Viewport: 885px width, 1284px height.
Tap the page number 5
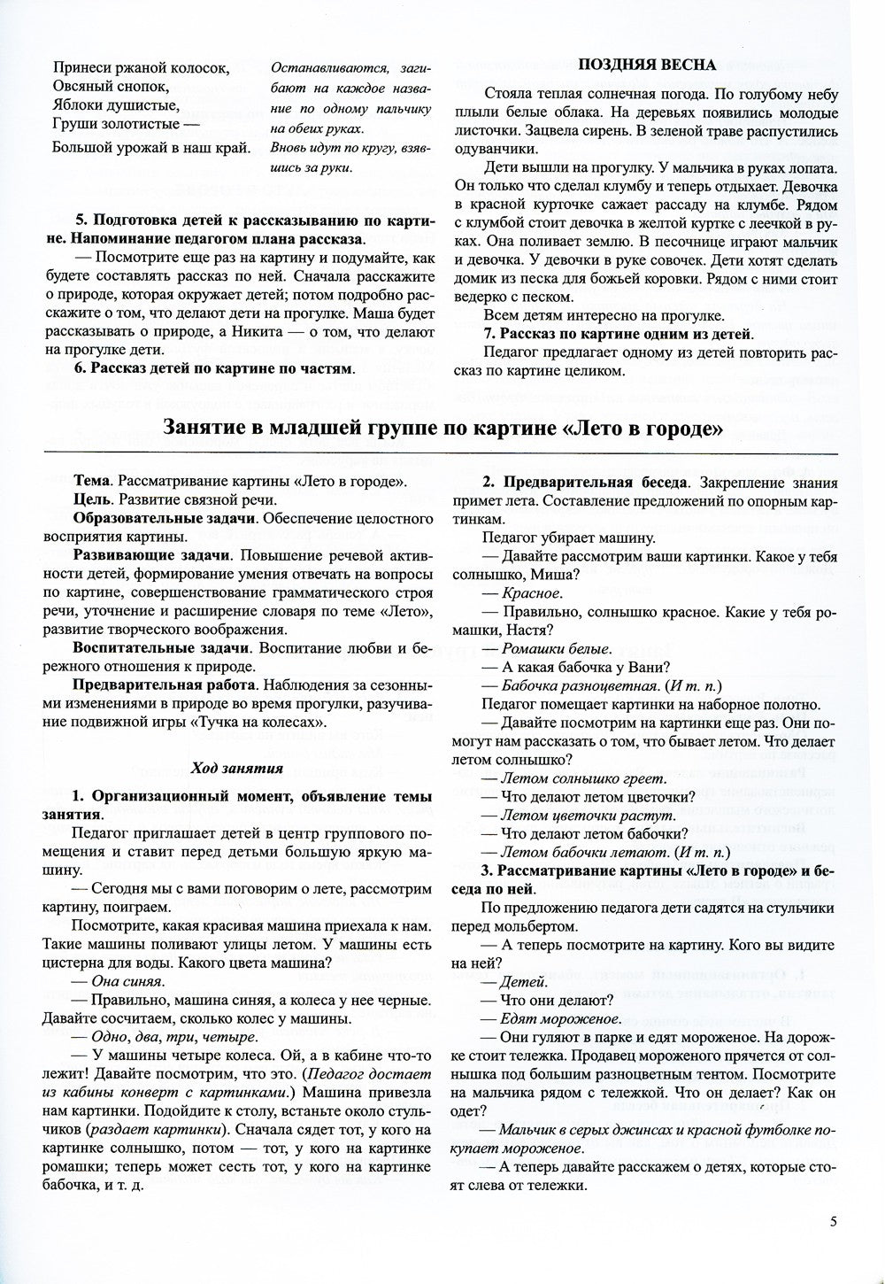[833, 1221]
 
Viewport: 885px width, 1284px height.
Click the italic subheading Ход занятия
[238, 768]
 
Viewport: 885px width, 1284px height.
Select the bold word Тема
[92, 482]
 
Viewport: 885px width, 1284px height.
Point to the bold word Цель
[92, 500]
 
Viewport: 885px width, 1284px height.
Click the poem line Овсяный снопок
[110, 86]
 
